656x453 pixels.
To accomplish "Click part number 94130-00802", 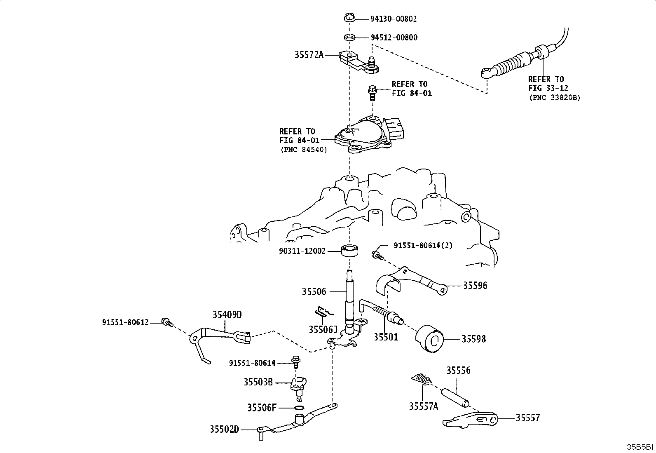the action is [x=393, y=19].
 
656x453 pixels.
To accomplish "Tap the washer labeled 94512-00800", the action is [x=349, y=37].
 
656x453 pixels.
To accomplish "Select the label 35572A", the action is [x=309, y=55].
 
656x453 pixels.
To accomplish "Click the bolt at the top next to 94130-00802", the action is [x=349, y=17].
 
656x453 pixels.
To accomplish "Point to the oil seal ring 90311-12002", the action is [x=350, y=250].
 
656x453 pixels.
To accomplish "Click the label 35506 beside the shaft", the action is [x=314, y=291].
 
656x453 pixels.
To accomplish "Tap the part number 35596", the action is [x=475, y=285].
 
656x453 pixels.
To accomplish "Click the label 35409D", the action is [x=227, y=315].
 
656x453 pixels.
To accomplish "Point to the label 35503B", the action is [x=258, y=382].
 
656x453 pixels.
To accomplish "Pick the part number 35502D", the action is [x=224, y=430].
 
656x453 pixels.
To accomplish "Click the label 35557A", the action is [x=424, y=406].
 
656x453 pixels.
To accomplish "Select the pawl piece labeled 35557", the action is [x=470, y=420].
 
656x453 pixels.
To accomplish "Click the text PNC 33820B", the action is [x=555, y=98].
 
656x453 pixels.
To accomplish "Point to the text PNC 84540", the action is [x=304, y=150].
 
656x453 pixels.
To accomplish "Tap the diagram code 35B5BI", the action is [x=640, y=447].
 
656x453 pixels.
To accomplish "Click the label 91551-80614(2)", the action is [x=423, y=246].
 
